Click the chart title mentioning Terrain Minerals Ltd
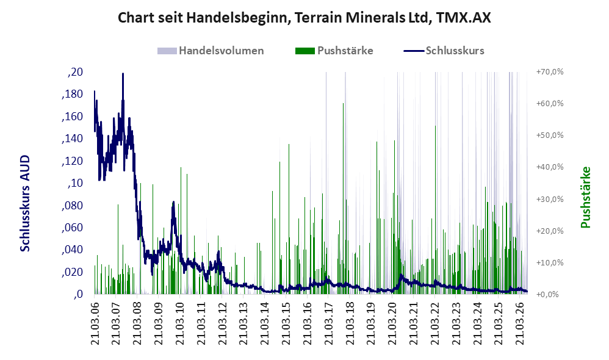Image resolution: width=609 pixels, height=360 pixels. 304,18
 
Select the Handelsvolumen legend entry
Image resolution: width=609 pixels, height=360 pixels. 211,51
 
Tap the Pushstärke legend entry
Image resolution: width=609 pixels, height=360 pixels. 334,51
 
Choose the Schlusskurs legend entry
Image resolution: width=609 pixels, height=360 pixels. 444,51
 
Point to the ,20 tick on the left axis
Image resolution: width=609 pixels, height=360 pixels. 75,72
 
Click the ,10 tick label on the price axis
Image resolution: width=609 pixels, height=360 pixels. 75,183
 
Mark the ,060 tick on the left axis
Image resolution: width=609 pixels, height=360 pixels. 72,227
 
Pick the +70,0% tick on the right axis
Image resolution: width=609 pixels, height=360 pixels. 550,72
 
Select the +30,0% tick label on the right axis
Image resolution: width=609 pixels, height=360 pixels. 550,199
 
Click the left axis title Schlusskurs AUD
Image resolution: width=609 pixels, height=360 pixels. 25,203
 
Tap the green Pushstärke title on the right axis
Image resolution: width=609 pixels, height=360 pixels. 585,197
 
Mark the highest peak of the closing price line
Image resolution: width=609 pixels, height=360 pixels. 123,73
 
